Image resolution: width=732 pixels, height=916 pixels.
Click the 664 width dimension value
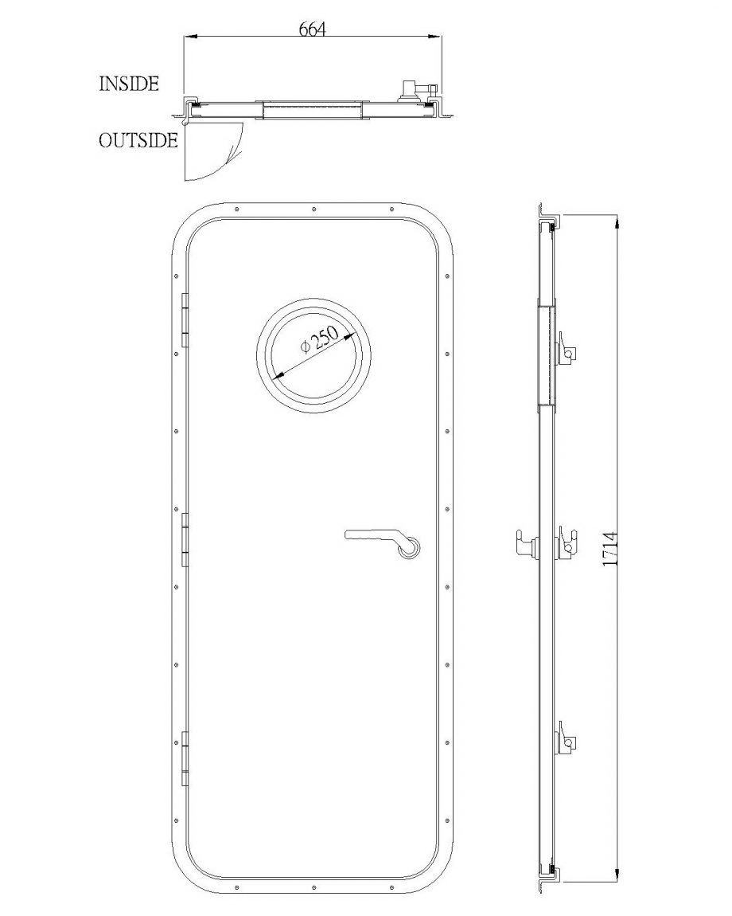pyautogui.click(x=312, y=29)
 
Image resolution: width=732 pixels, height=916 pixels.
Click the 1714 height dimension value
pyautogui.click(x=610, y=549)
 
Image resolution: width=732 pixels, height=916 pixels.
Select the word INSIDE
pyautogui.click(x=129, y=84)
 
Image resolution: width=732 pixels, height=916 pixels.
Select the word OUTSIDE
pyautogui.click(x=138, y=141)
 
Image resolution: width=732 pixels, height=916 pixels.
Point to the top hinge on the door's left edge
pyautogui.click(x=185, y=321)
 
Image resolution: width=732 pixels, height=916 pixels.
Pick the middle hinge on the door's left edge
pyautogui.click(x=185, y=540)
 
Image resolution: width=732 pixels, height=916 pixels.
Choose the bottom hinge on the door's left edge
pyautogui.click(x=185, y=758)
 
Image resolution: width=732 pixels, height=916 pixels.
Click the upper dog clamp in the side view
pyautogui.click(x=567, y=349)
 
